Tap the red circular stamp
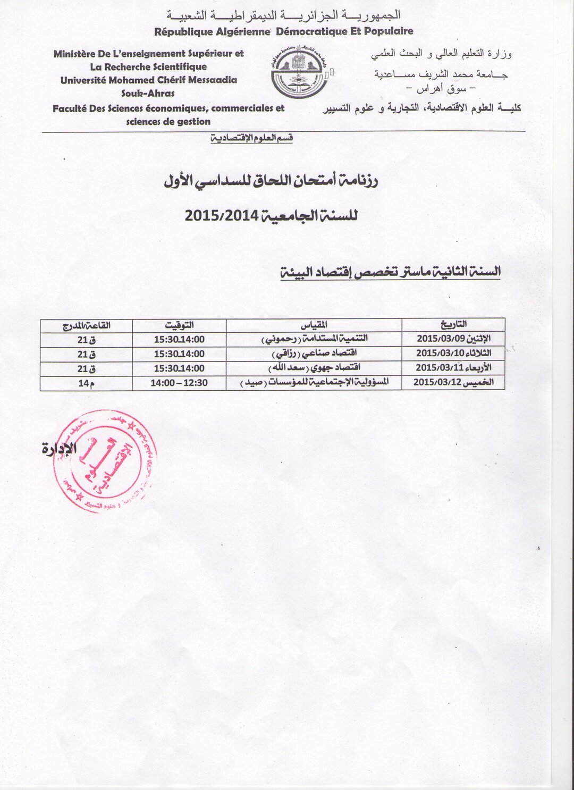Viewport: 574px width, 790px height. click(105, 461)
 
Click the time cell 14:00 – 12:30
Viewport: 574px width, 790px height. click(179, 383)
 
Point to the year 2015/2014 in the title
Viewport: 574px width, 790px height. click(221, 216)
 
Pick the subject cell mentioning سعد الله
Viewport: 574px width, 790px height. click(314, 368)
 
